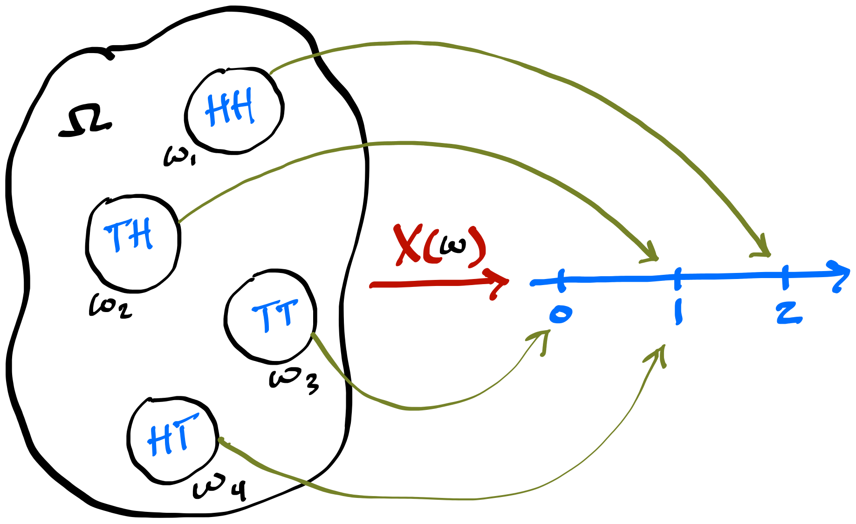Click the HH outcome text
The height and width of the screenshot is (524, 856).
point(230,108)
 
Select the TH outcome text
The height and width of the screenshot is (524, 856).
point(128,235)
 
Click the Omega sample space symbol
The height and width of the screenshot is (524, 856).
point(85,122)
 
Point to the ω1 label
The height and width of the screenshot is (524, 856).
point(179,156)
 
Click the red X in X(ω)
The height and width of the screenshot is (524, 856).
point(407,245)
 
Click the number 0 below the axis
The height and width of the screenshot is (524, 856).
point(560,314)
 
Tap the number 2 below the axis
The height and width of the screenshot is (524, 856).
point(788,313)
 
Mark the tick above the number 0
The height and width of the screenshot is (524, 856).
point(561,280)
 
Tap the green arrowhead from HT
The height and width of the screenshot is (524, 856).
point(660,352)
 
